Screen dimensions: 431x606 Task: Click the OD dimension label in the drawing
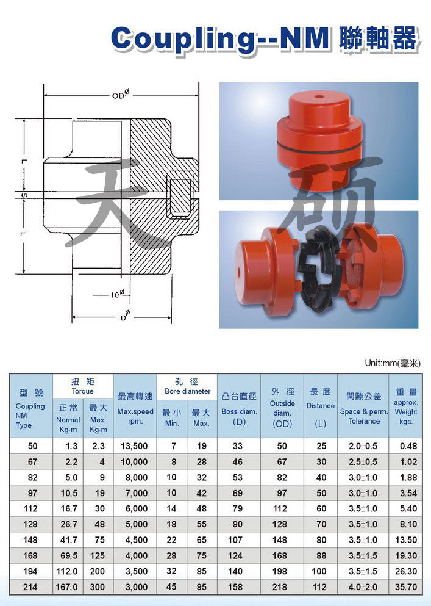[121, 94]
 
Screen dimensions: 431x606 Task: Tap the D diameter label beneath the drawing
[125, 316]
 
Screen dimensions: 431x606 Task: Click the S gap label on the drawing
[24, 195]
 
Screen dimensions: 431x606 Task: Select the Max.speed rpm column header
[135, 408]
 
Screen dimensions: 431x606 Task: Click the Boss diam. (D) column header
[239, 409]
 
